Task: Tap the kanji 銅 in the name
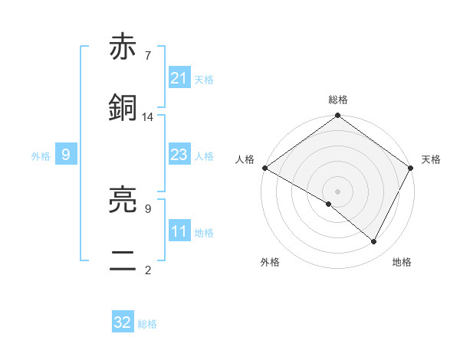tap(123, 108)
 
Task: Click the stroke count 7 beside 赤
tap(147, 56)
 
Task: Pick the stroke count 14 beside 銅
tap(148, 116)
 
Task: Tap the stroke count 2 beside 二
tap(147, 270)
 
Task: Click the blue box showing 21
tap(179, 78)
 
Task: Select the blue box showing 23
tap(179, 155)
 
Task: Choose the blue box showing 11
tap(179, 231)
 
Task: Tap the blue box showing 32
tap(123, 322)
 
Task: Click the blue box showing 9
tap(66, 155)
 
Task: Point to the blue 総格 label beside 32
tap(147, 324)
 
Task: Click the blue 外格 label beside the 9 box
tap(41, 155)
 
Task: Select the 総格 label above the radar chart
tap(338, 100)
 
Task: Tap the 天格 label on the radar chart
tap(431, 159)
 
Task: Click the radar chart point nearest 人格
tap(264, 168)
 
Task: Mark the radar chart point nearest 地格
tap(374, 242)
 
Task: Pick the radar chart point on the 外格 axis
tap(329, 204)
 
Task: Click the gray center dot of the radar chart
tap(338, 191)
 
